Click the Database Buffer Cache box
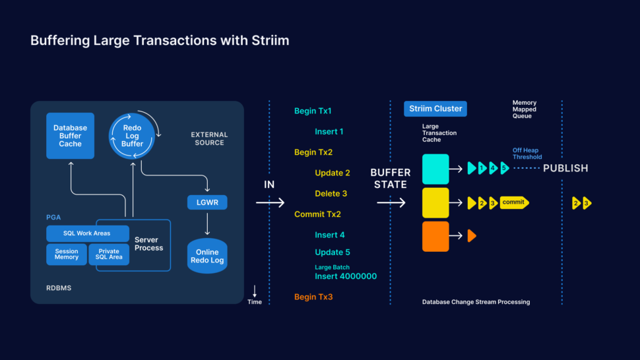click(x=70, y=136)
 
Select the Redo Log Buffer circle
click(x=132, y=135)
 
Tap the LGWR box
click(x=207, y=202)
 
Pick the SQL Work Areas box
click(x=87, y=233)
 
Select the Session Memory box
click(x=66, y=255)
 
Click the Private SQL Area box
click(x=109, y=255)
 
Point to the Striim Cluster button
click(x=435, y=109)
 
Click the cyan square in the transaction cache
click(x=435, y=169)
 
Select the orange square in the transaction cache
click(x=435, y=236)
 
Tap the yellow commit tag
click(x=514, y=203)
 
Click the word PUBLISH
click(x=565, y=168)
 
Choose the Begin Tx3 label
click(x=313, y=297)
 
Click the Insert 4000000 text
click(x=346, y=276)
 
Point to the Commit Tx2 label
click(x=317, y=214)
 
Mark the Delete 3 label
click(x=331, y=194)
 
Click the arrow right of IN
click(x=270, y=203)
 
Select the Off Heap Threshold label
click(x=527, y=154)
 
